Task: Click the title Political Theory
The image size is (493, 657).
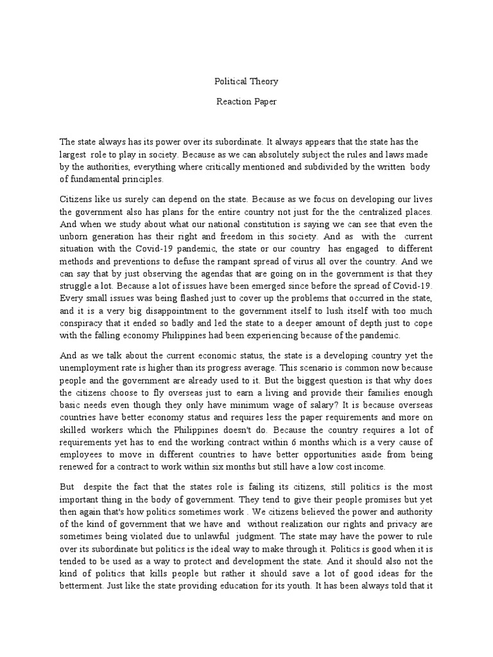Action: pos(246,82)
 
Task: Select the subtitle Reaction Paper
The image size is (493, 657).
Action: pos(246,103)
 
